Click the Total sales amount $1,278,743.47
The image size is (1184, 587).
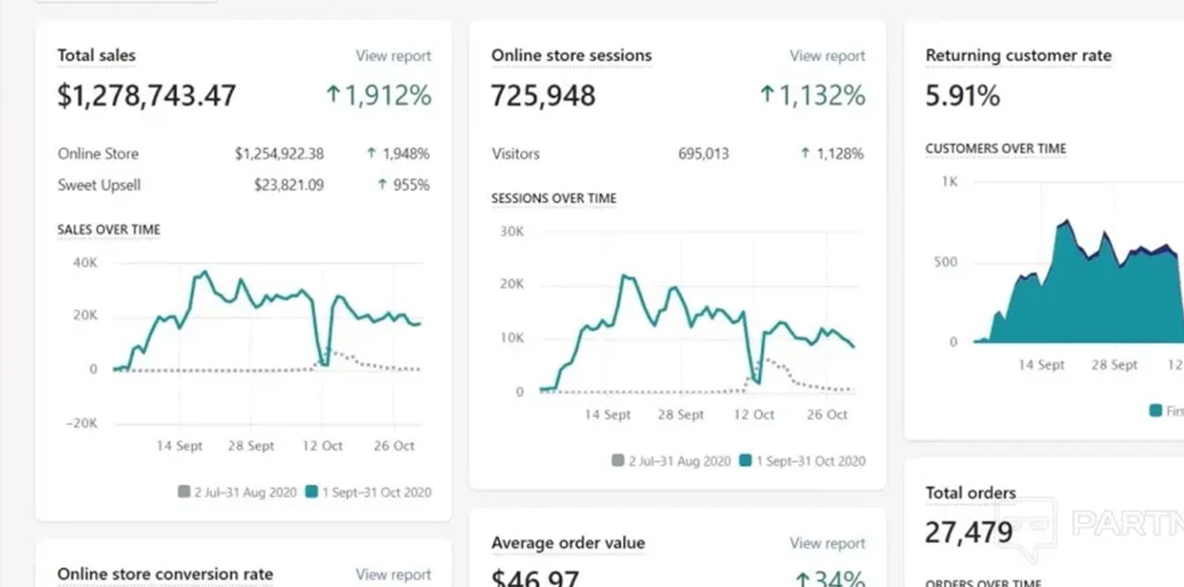146,96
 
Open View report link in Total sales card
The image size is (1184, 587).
393,56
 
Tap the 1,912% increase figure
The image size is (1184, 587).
379,95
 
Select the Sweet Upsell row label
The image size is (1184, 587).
99,185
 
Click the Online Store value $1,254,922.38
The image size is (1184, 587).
279,154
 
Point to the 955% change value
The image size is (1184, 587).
405,185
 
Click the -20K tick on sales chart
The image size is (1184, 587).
82,423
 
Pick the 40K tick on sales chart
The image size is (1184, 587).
85,263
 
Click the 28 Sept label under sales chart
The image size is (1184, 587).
251,446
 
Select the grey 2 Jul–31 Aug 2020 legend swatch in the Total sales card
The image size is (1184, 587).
184,492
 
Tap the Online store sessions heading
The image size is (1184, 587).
571,56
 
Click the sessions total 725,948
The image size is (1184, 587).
543,96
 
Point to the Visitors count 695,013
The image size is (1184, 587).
703,154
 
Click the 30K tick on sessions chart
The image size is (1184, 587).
512,231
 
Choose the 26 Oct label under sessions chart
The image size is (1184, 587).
827,415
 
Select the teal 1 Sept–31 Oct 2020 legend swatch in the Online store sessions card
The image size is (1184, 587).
746,461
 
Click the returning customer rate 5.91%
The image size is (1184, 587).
962,96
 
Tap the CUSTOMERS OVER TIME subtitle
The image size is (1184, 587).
996,149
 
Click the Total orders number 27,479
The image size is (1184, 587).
969,533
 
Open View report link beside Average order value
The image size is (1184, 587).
827,544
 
